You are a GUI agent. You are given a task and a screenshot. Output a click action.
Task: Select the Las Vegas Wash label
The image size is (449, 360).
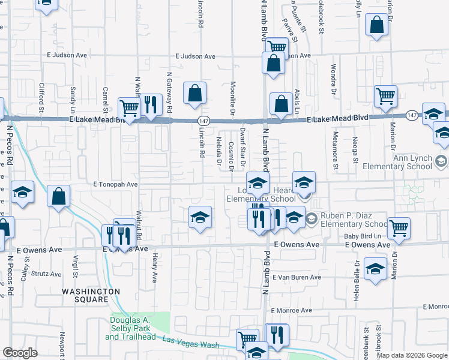[x=191, y=343]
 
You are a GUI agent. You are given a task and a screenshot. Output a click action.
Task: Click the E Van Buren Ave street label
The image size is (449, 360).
[x=297, y=277]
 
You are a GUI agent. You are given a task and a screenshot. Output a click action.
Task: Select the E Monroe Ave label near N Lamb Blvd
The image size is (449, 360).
[x=291, y=310]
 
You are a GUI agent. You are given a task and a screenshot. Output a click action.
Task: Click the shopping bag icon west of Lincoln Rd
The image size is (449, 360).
[x=194, y=93]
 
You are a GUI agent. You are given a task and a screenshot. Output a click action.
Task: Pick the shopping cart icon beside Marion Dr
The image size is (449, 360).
[x=385, y=95]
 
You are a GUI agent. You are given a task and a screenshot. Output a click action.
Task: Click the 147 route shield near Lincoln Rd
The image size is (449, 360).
[x=204, y=121]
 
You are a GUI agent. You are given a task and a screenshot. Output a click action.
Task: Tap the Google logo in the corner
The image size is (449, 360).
[x=20, y=353]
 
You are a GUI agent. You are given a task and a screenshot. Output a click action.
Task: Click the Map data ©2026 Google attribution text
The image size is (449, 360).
[x=411, y=355]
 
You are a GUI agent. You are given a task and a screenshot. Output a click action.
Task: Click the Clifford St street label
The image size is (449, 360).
[x=42, y=97]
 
